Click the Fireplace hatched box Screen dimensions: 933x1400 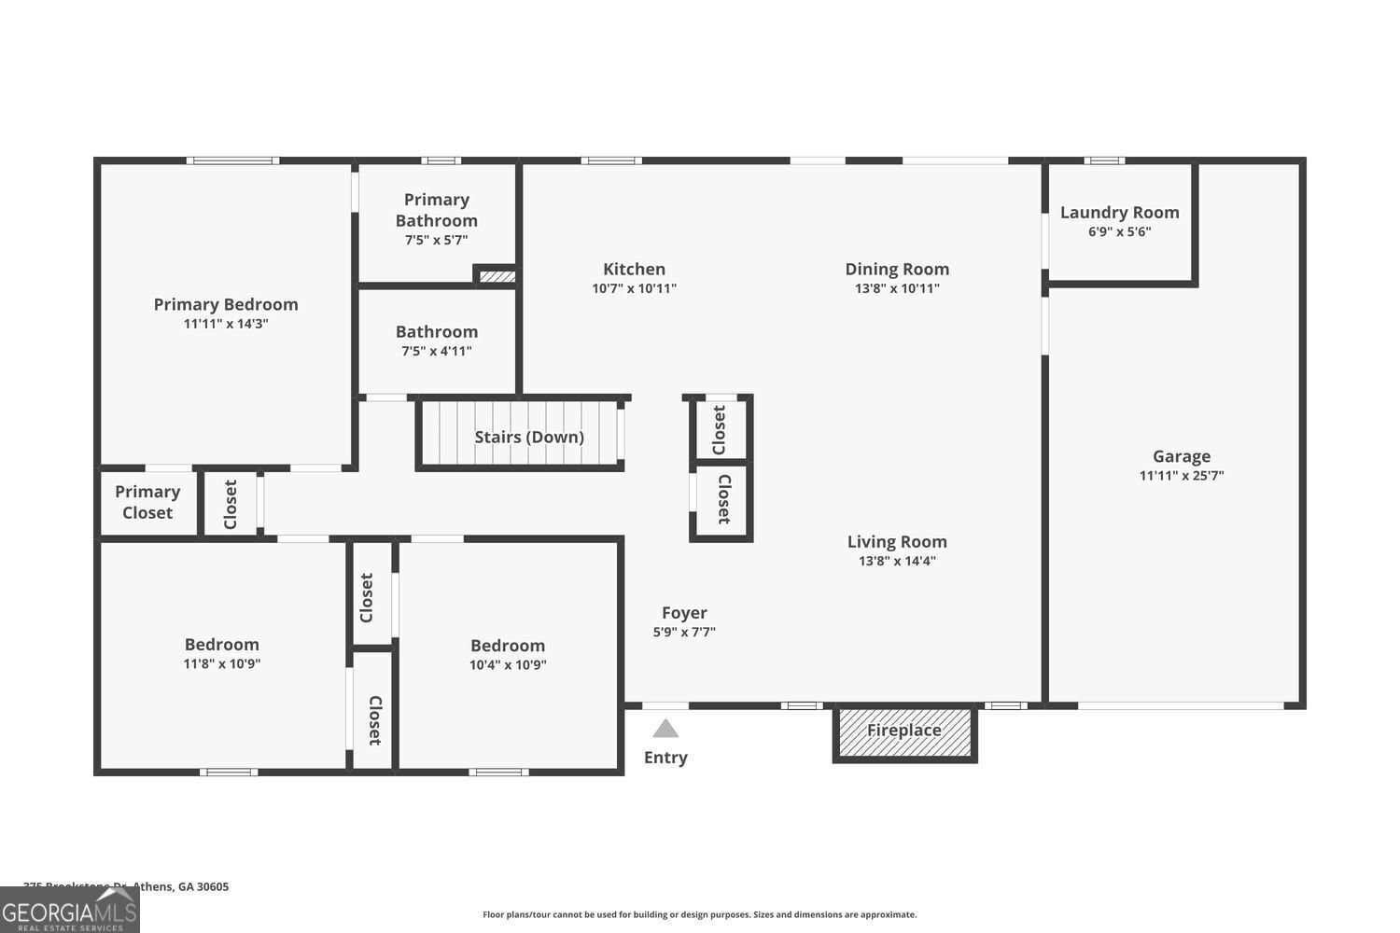click(904, 732)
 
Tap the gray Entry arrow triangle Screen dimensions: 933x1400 click(665, 729)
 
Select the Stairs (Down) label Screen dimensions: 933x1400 click(529, 437)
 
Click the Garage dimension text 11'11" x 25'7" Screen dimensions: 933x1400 click(1182, 476)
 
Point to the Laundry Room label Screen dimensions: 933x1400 click(1119, 213)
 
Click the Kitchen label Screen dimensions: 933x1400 click(634, 269)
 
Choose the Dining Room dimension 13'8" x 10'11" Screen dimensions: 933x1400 click(897, 288)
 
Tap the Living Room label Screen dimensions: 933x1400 click(897, 541)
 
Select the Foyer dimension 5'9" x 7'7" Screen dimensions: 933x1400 click(684, 632)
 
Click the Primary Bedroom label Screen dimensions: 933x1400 click(226, 304)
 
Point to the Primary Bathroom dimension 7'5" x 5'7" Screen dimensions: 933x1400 click(436, 240)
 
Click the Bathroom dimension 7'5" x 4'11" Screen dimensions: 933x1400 click(436, 351)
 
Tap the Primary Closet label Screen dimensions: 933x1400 click(147, 502)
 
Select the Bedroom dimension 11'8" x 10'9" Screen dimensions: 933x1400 click(222, 664)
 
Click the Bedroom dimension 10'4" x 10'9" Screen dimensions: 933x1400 click(508, 665)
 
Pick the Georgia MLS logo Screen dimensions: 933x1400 click(69, 911)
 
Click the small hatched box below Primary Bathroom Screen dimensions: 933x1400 click(497, 276)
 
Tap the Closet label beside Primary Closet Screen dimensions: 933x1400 click(231, 504)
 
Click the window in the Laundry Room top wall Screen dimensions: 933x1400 click(1104, 160)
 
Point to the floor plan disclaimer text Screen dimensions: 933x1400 click(699, 914)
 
